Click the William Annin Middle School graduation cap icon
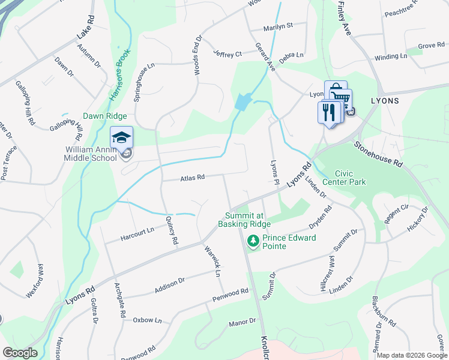click(121, 137)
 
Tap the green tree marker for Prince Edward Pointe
click(253, 241)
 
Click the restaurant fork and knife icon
click(328, 112)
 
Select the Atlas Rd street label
click(192, 178)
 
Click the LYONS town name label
click(384, 101)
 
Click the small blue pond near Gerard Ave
click(241, 101)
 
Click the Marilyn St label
click(277, 26)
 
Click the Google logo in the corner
click(19, 353)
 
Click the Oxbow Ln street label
click(147, 320)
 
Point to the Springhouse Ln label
click(145, 85)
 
